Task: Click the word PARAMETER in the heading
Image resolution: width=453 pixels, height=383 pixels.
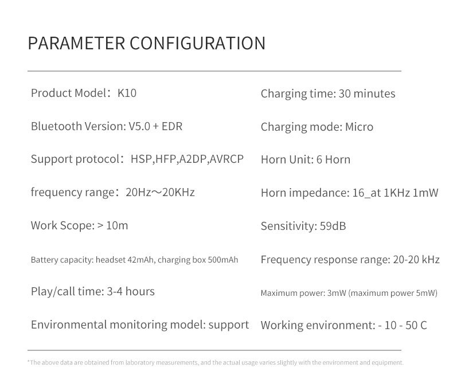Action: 77,44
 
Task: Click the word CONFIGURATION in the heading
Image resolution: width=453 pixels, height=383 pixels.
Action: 197,44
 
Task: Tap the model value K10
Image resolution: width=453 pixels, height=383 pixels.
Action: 127,93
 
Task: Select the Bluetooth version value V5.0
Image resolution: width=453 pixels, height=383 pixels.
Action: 139,126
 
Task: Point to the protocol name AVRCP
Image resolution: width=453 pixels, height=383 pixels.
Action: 227,159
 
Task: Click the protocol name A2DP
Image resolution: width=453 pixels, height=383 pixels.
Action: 193,159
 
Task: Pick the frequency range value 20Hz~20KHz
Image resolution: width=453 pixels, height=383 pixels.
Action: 160,192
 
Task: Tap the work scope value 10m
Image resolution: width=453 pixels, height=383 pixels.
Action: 117,225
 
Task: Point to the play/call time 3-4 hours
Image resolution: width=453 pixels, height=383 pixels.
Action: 131,291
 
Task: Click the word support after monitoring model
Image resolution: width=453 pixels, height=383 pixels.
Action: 229,325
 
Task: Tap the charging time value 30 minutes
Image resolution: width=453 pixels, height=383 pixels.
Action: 367,93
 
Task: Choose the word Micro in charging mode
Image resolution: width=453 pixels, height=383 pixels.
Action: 359,127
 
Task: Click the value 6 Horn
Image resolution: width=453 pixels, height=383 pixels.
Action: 333,159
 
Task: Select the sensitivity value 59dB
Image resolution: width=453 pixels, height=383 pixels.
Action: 333,226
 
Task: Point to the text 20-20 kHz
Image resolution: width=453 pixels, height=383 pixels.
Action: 416,259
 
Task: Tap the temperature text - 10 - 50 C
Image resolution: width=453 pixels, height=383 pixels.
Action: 403,325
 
